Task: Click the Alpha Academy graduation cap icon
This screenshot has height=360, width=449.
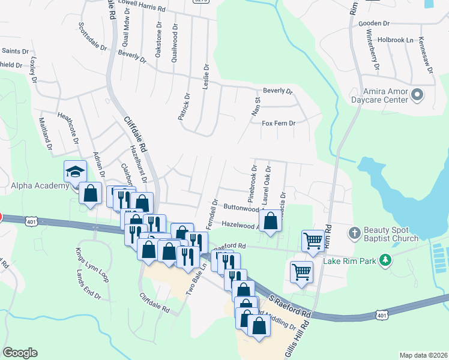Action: [x=76, y=172]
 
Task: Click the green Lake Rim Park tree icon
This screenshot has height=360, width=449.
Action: [x=387, y=260]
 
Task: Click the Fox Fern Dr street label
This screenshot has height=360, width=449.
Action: [x=279, y=123]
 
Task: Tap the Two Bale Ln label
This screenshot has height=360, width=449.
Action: [x=192, y=280]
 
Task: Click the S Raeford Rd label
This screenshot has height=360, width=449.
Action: [x=289, y=305]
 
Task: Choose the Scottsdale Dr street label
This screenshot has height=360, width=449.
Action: [x=92, y=37]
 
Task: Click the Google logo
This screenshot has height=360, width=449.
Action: [x=20, y=353]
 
